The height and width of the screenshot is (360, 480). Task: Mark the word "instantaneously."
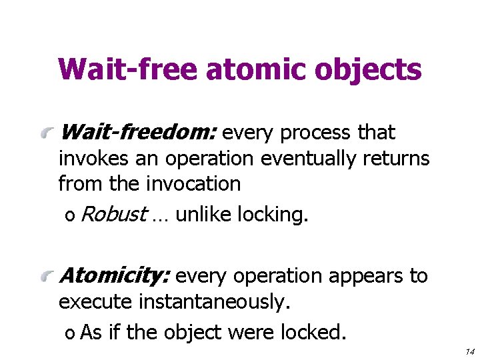(215, 301)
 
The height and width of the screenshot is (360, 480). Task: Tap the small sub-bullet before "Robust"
(69, 216)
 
